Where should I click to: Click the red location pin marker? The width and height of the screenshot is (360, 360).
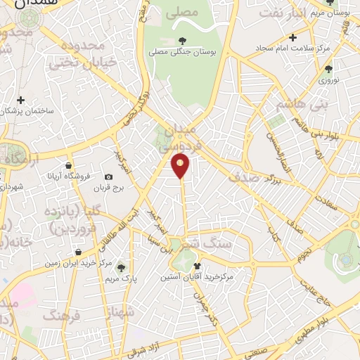(181, 165)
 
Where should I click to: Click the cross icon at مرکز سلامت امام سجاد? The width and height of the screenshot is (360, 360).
(292, 37)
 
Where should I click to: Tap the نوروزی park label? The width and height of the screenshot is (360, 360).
(329, 80)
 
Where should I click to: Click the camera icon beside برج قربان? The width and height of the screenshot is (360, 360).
(108, 177)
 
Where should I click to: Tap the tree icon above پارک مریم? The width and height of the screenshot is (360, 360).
(122, 267)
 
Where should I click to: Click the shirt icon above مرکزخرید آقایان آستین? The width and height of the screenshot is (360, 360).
(197, 266)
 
